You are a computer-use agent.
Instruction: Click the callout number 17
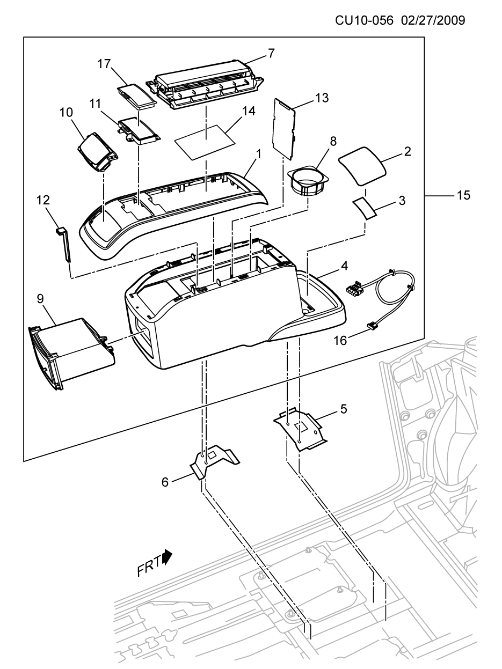click(104, 64)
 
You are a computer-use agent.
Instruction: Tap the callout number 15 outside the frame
click(463, 195)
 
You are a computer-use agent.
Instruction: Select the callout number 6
click(165, 482)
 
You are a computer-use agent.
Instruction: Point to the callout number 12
click(43, 200)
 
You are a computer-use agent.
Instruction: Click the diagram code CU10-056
click(364, 21)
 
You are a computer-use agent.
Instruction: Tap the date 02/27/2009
click(433, 21)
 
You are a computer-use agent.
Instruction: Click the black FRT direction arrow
click(168, 557)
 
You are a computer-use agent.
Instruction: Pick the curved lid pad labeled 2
click(362, 166)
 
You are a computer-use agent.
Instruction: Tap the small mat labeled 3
click(365, 209)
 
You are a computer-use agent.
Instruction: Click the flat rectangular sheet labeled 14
click(205, 142)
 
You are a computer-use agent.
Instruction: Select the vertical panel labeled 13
click(284, 129)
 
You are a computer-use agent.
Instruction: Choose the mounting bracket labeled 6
click(215, 462)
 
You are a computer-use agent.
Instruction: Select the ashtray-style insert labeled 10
click(98, 152)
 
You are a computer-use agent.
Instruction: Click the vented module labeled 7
click(205, 84)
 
